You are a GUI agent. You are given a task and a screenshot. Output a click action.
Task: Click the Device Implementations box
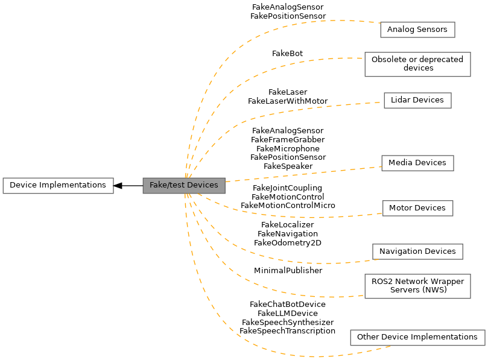pos(58,185)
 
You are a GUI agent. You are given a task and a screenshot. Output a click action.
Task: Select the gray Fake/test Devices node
pos(183,185)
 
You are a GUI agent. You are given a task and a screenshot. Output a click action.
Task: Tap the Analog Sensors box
pos(417,30)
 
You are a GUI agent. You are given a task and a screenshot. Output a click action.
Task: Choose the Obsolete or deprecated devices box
pos(417,64)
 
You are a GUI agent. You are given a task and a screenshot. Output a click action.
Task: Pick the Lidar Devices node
pos(417,100)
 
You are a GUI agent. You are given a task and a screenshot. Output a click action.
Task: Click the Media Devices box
pos(417,163)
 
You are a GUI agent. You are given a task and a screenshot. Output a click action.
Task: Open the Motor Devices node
pos(417,208)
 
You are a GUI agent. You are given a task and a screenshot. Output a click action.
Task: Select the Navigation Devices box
pos(417,251)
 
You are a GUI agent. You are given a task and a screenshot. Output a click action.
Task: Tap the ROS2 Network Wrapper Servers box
pos(417,286)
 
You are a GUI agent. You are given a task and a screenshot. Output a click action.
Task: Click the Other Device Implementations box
pos(417,337)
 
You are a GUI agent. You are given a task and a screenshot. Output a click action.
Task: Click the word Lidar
pos(401,100)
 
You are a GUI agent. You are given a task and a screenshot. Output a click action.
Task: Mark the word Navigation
pos(400,251)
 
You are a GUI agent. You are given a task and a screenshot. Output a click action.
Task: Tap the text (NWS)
pos(434,290)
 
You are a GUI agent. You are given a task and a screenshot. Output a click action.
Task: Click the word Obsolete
pos(388,60)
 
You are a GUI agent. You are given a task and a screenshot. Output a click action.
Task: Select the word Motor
pos(400,208)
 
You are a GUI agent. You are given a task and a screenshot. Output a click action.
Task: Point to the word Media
pos(400,163)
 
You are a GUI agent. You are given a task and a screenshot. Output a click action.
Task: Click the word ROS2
pos(382,282)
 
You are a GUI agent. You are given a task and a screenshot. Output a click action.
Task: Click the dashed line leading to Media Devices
pos(302,174)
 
